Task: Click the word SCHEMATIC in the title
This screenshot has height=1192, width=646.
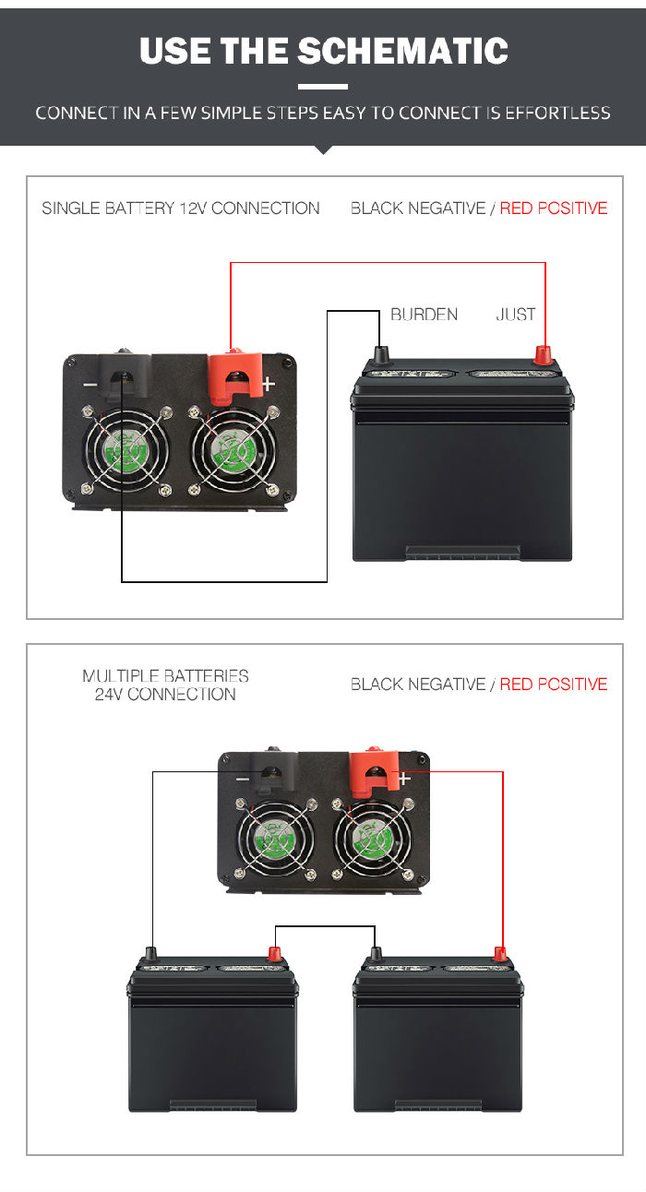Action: pos(402,51)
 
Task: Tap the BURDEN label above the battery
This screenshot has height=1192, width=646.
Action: pos(425,315)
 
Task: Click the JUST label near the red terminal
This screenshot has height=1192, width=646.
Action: pos(516,315)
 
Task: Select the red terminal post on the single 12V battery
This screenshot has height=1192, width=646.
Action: pos(544,354)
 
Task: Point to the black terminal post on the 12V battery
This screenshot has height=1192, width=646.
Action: pos(380,353)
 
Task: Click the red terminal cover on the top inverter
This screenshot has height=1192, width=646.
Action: pos(235,376)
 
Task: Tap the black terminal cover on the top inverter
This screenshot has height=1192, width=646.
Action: pos(126,375)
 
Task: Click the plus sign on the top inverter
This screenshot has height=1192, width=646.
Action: pos(269,383)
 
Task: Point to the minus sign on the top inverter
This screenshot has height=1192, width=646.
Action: pos(90,385)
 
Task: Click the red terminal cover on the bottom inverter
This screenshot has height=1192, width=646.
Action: pos(374,770)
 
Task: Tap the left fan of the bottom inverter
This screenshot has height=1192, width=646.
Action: pos(275,840)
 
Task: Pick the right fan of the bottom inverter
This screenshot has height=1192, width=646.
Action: pos(373,840)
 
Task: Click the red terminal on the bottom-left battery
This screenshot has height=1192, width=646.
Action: pos(274,954)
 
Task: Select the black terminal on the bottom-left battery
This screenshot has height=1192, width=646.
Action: pos(151,953)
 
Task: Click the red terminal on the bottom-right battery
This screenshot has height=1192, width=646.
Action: pos(500,954)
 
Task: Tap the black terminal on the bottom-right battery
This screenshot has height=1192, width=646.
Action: pos(376,953)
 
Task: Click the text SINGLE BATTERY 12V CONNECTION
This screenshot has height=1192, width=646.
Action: pos(181,209)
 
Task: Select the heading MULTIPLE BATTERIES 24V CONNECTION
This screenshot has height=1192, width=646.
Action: pos(165,685)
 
